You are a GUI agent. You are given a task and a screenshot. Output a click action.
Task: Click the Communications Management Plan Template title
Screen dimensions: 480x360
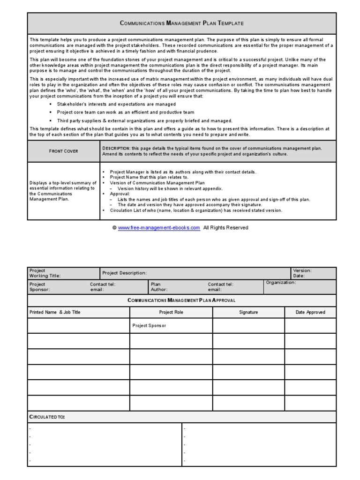(182, 23)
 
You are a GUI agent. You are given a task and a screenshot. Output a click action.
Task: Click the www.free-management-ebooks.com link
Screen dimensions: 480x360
(159, 228)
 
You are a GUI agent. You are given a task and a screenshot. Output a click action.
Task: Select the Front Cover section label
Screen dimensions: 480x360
(64, 151)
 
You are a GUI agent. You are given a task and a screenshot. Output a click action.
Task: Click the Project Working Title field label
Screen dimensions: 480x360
(45, 273)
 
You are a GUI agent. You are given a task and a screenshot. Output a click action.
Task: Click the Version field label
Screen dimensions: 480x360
(302, 270)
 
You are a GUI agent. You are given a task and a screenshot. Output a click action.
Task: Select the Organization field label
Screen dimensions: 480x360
(281, 283)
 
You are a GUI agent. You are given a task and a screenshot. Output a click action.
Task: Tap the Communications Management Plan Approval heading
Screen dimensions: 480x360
(181, 300)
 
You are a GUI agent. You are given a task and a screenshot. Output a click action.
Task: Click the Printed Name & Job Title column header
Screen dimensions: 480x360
(55, 312)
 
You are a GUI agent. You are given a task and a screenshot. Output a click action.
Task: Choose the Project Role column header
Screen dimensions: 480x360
(171, 312)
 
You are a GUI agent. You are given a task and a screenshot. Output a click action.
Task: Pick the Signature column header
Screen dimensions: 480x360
(248, 312)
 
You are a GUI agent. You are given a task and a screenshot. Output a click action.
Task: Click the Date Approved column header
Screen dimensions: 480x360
(310, 312)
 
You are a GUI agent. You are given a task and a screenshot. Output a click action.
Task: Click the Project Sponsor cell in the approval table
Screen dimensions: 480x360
(149, 325)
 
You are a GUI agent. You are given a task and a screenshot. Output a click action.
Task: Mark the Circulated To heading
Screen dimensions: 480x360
(47, 417)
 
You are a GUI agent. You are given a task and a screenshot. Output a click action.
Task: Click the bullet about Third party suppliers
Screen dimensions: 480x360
(144, 120)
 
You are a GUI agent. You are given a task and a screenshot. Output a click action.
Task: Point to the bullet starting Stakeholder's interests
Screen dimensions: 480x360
(116, 104)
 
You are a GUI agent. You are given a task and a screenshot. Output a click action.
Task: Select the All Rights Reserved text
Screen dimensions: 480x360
(225, 228)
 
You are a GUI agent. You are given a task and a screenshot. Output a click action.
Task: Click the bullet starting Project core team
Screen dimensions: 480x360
(125, 112)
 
